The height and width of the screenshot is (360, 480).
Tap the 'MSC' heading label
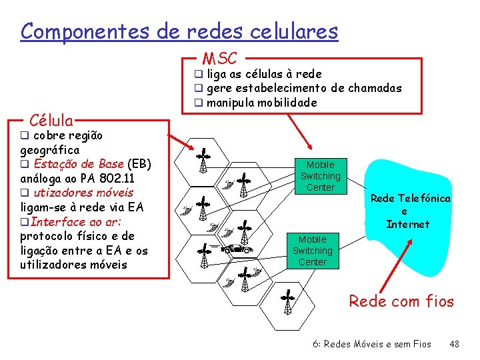click(x=219, y=59)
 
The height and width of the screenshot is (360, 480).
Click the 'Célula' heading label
click(x=51, y=121)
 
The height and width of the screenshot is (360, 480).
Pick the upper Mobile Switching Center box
click(x=320, y=176)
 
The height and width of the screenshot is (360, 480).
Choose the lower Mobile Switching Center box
click(x=312, y=250)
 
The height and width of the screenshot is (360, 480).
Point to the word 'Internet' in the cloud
click(x=408, y=224)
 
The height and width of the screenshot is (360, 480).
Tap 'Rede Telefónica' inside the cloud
click(x=410, y=198)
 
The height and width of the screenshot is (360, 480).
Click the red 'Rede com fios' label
click(x=401, y=301)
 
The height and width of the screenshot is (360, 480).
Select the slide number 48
click(x=455, y=344)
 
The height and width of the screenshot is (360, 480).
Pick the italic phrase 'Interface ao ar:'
click(x=75, y=222)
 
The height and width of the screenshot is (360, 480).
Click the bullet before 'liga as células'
click(x=198, y=74)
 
